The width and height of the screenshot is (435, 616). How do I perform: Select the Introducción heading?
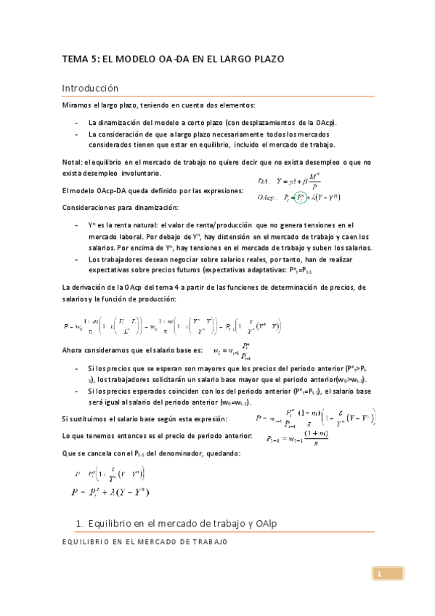coord(89,88)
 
